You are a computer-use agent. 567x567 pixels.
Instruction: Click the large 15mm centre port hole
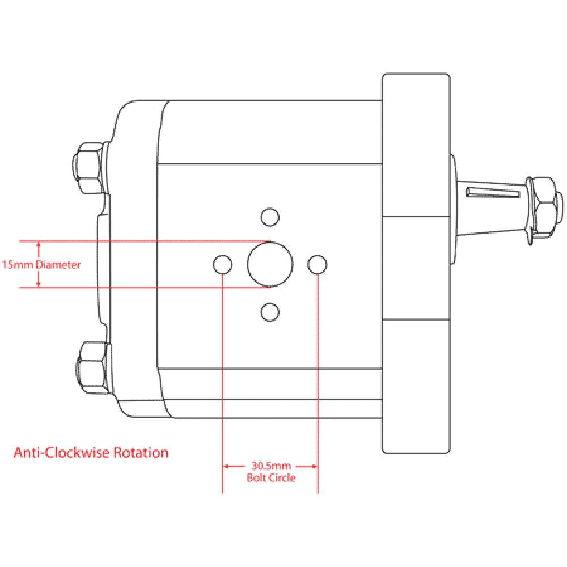point(270,264)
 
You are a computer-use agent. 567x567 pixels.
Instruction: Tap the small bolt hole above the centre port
point(270,216)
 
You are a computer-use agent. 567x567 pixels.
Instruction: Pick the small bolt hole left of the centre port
point(222,264)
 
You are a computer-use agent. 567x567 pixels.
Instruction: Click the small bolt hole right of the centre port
point(318,264)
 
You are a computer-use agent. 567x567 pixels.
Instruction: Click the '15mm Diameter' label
point(42,264)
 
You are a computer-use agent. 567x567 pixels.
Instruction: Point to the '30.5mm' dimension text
point(270,467)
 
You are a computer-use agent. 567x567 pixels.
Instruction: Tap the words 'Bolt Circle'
point(271,478)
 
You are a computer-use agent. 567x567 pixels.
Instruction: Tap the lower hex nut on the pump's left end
point(92,368)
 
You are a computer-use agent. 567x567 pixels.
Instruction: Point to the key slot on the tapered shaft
point(492,193)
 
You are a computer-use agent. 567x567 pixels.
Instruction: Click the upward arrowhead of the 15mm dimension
point(39,245)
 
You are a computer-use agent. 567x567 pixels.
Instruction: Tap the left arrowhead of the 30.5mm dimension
point(226,467)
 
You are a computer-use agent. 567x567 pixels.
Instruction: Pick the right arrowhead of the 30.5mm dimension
point(314,467)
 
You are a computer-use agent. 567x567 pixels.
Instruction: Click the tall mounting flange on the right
point(416,264)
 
